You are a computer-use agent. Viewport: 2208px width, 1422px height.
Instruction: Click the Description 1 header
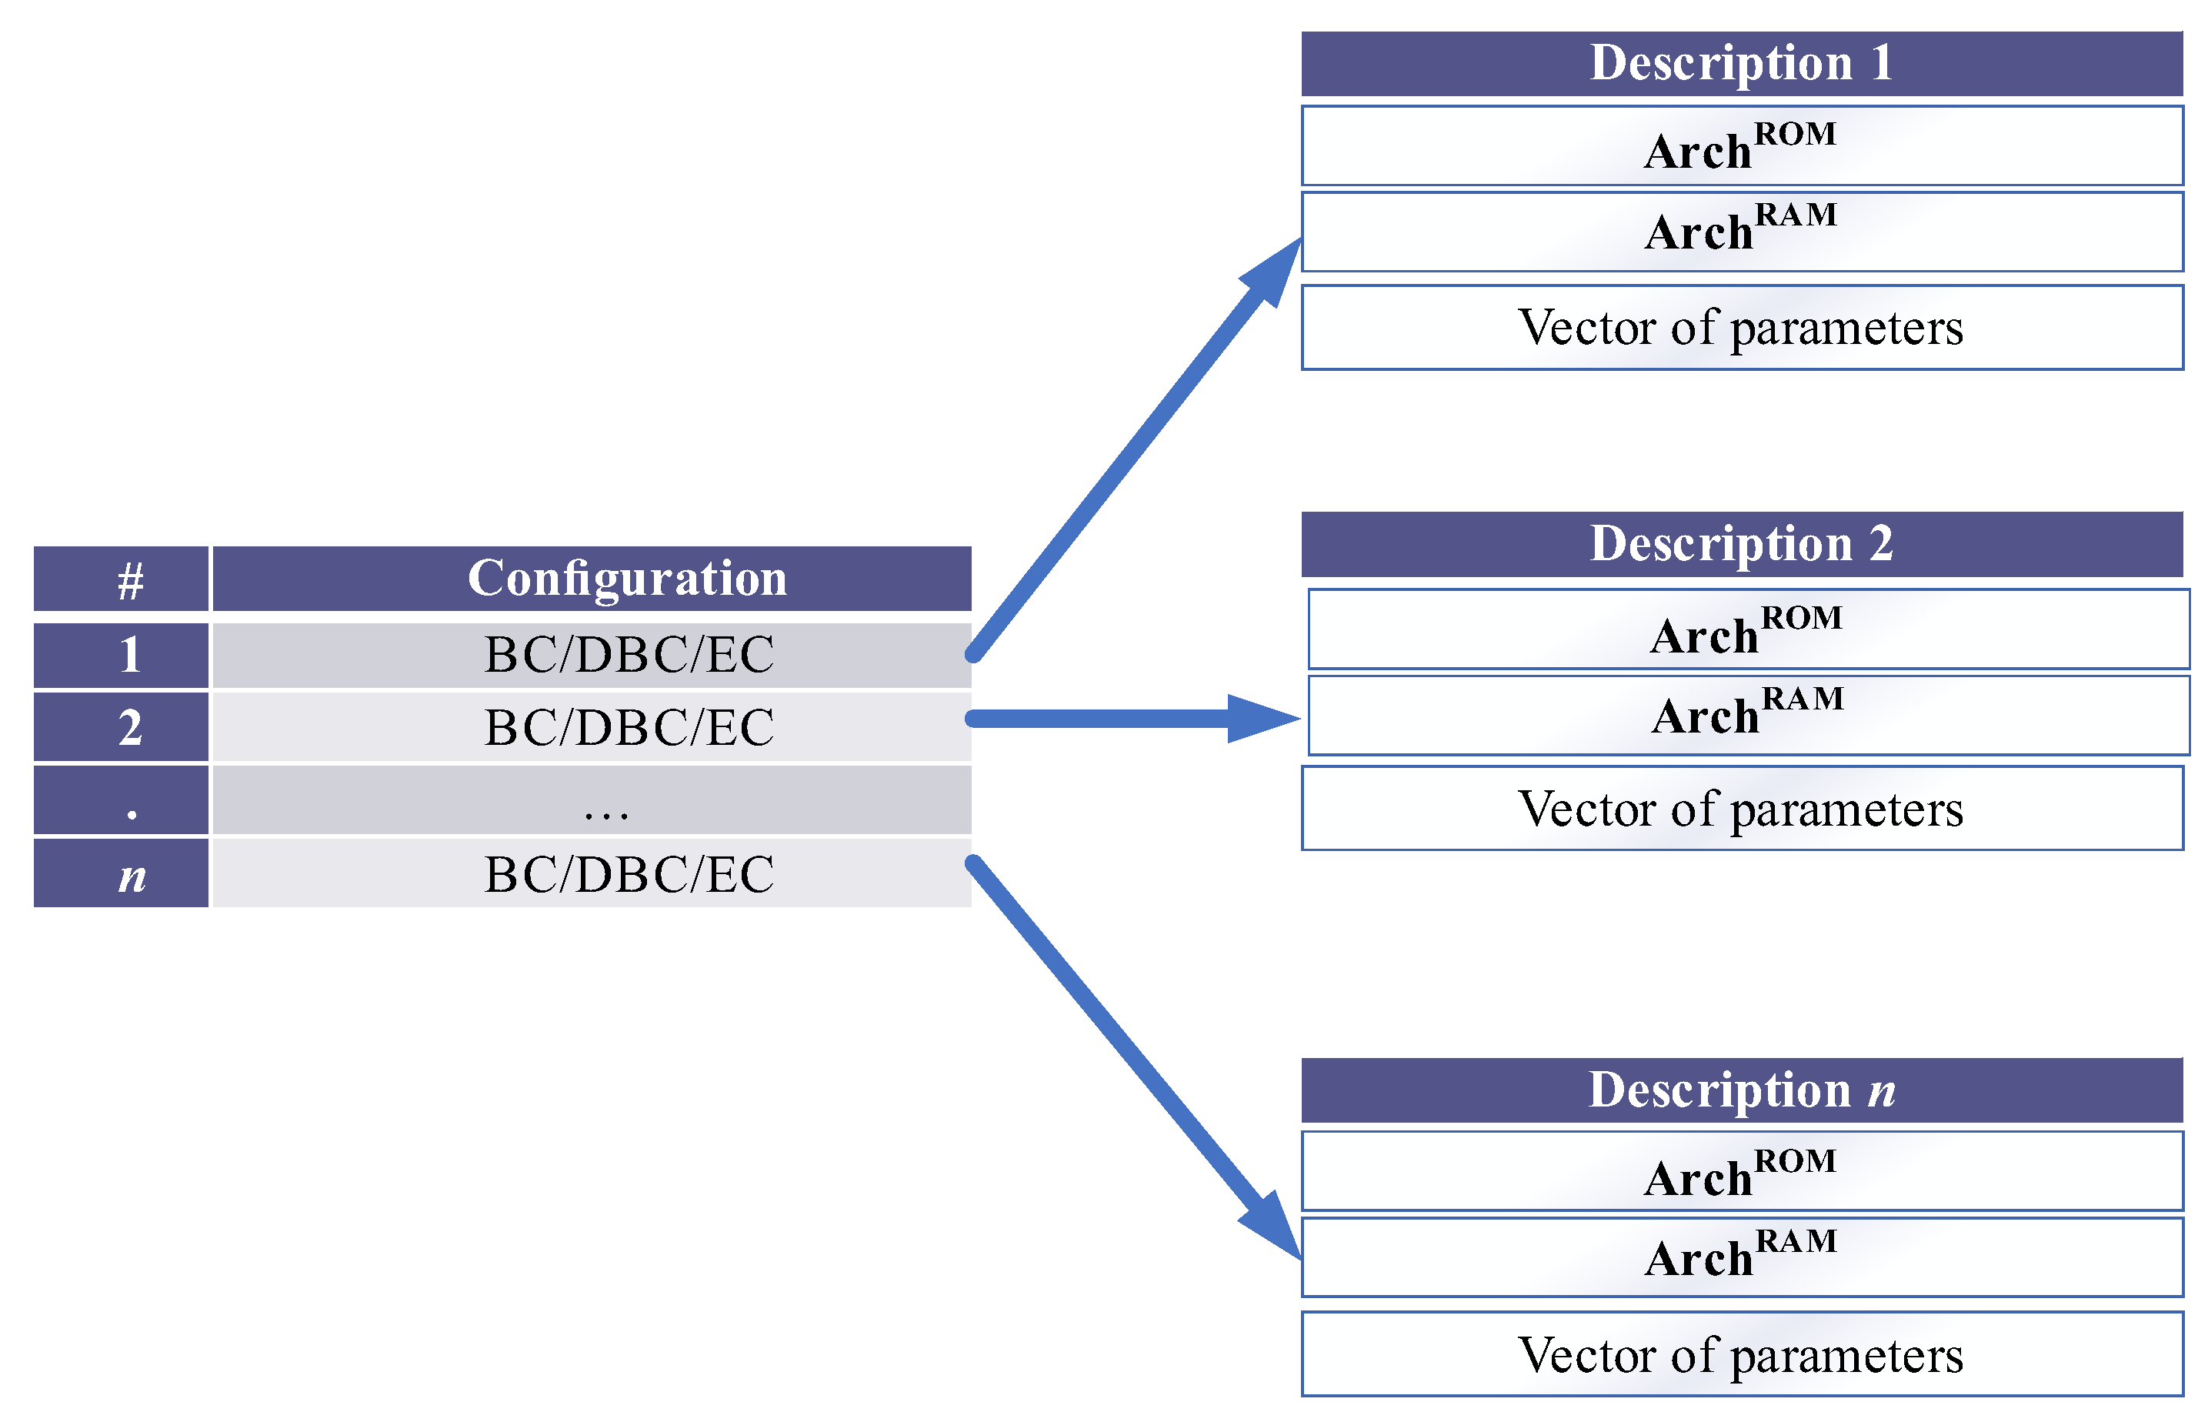1740,64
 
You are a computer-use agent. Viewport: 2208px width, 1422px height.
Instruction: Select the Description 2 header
1740,544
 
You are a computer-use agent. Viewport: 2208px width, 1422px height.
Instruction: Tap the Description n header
1740,1090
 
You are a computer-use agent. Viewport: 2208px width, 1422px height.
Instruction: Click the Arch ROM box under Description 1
1740,146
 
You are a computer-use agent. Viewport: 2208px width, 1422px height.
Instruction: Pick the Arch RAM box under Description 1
1740,231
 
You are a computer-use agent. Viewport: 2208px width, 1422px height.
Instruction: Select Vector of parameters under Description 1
1740,328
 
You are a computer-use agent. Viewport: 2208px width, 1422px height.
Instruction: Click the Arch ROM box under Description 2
1746,629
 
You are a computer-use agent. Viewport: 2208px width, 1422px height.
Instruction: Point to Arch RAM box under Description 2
1746,716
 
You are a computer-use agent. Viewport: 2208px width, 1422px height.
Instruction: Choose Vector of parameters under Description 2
1740,809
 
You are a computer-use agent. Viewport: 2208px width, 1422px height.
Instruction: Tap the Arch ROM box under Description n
1740,1171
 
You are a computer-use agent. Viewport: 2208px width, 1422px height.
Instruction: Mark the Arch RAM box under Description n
1740,1257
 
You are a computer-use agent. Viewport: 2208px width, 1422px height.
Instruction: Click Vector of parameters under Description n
1740,1354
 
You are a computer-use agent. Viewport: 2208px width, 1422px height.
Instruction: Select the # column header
121,579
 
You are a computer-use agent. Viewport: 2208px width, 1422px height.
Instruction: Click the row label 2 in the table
121,726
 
